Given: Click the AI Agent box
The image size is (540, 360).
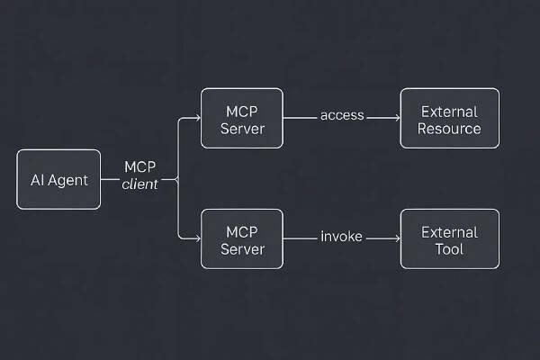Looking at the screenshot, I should pyautogui.click(x=58, y=179).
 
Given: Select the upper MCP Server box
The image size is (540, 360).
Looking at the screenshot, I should pyautogui.click(x=242, y=118).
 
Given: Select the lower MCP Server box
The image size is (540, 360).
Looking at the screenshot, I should pyautogui.click(x=242, y=238).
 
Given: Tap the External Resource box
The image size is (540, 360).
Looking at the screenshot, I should pyautogui.click(x=449, y=118).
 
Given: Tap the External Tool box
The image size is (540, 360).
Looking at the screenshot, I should pyautogui.click(x=449, y=238).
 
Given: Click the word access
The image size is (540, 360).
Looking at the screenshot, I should pyautogui.click(x=342, y=115).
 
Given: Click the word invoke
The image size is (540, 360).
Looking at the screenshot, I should pyautogui.click(x=342, y=237).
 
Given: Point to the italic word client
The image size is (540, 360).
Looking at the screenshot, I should pyautogui.click(x=139, y=184).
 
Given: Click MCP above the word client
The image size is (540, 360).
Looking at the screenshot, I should pyautogui.click(x=140, y=168).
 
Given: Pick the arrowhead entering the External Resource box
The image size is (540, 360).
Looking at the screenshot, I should pyautogui.click(x=396, y=117).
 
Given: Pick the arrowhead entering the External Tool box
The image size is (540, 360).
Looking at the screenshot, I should pyautogui.click(x=396, y=238).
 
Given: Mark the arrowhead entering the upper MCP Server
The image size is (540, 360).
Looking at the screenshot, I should pyautogui.click(x=196, y=117).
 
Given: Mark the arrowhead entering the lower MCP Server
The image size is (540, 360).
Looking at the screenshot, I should pyautogui.click(x=196, y=238).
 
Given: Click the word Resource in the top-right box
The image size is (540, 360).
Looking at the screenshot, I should pyautogui.click(x=450, y=128).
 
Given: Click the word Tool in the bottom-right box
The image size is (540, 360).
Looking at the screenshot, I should pyautogui.click(x=449, y=248).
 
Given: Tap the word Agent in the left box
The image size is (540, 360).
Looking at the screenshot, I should pyautogui.click(x=68, y=180).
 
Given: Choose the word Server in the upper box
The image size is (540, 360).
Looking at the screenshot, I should pyautogui.click(x=242, y=128).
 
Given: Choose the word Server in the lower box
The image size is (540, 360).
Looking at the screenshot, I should pyautogui.click(x=242, y=248).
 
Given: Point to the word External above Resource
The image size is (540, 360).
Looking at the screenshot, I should pyautogui.click(x=449, y=111).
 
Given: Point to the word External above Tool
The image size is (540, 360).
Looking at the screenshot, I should pyautogui.click(x=449, y=231).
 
